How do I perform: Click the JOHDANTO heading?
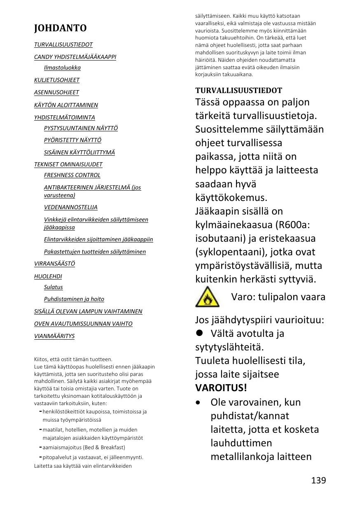coord(60,28)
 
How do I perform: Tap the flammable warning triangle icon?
coord(207,297)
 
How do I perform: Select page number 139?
coord(318,480)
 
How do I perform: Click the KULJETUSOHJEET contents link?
coord(57,80)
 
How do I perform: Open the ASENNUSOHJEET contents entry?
coord(56,92)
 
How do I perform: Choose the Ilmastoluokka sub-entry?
coord(62,68)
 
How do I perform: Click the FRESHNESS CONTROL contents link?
coord(72,175)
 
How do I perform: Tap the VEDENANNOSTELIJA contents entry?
coord(70,207)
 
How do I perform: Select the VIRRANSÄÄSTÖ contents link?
coord(54,264)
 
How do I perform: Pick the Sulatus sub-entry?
coord(53,287)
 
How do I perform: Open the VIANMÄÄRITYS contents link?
coord(54,336)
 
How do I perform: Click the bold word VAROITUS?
coord(221,388)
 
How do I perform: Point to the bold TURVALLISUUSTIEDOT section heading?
coord(238,90)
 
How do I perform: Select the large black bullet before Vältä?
coord(200,333)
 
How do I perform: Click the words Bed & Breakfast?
coord(105,447)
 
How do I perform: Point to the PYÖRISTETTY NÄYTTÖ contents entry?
coord(72,140)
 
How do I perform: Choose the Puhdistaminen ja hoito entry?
coord(74,299)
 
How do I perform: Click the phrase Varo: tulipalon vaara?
coord(278,297)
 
